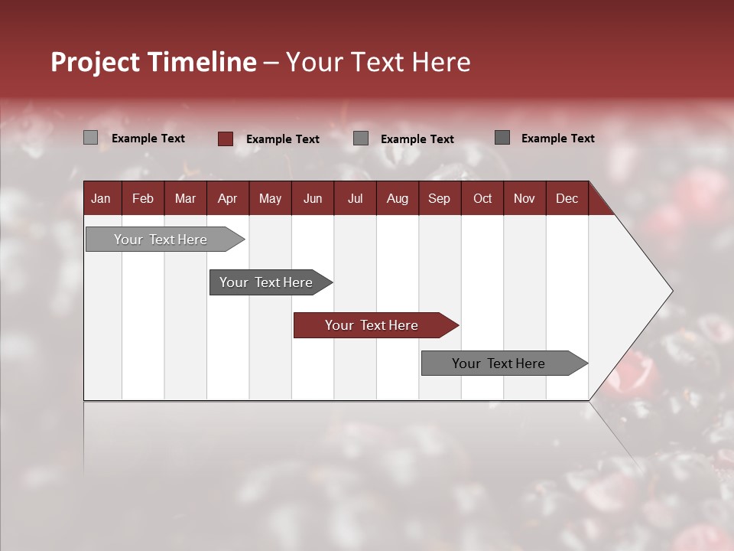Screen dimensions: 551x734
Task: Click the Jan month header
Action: click(102, 198)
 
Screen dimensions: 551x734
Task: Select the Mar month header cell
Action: click(185, 198)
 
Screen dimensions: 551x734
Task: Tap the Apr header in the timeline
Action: click(227, 198)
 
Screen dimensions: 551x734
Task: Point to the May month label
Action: click(270, 198)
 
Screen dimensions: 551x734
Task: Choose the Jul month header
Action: click(355, 198)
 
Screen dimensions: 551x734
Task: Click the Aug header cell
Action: click(397, 198)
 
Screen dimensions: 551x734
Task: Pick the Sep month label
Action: click(439, 198)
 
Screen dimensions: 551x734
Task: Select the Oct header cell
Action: click(482, 198)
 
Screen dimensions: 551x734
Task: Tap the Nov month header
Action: click(524, 198)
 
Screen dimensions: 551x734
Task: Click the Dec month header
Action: click(567, 198)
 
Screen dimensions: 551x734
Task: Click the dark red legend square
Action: click(225, 139)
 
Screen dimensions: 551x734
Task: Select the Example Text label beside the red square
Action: click(282, 139)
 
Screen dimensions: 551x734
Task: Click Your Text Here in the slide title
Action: click(378, 62)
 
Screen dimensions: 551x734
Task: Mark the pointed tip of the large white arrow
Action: click(671, 291)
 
